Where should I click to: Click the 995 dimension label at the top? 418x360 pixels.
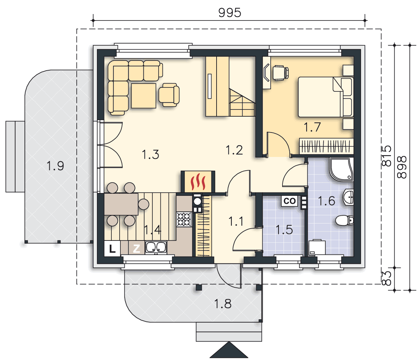[x=230, y=13]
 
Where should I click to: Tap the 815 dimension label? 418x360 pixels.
[x=387, y=156]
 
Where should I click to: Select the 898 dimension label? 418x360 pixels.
[x=402, y=167]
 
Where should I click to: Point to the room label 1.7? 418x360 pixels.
[x=312, y=127]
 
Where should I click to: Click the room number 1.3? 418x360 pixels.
[x=150, y=154]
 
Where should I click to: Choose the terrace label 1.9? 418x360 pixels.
[x=55, y=166]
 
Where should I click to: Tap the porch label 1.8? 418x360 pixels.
[x=223, y=303]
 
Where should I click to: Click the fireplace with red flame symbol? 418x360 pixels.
[x=198, y=181]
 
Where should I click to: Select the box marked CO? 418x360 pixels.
[x=289, y=201]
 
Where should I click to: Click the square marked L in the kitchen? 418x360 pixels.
[x=112, y=249]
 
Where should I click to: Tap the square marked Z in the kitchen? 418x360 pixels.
[x=137, y=249]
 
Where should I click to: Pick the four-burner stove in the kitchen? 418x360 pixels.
[x=184, y=219]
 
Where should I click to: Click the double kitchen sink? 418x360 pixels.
[x=156, y=248]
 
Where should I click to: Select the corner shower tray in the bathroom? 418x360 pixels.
[x=342, y=170]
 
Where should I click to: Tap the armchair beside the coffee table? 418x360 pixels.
[x=169, y=95]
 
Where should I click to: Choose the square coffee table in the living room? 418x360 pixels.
[x=144, y=96]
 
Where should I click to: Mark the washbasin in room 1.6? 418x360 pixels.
[x=348, y=197]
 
